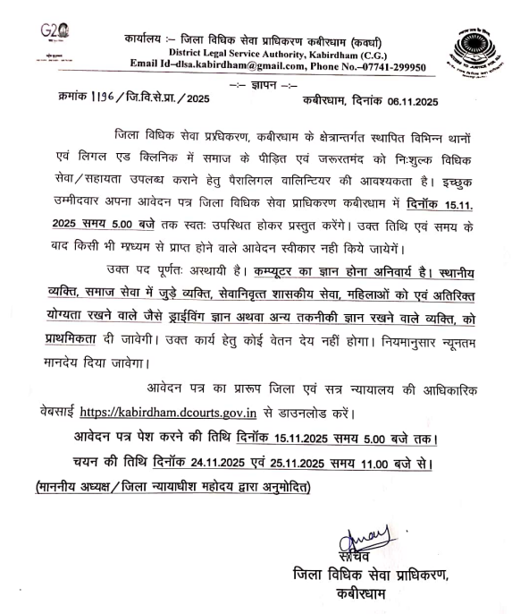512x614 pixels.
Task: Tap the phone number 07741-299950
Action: (x=390, y=66)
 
